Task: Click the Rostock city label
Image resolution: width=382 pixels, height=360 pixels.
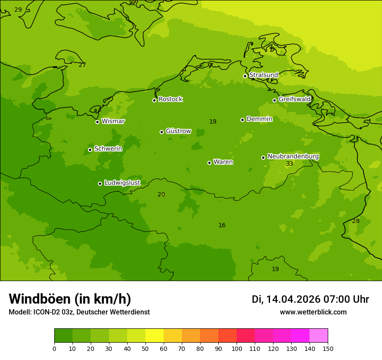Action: (x=170, y=99)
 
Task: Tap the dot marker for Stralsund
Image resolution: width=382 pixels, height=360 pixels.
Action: (x=245, y=76)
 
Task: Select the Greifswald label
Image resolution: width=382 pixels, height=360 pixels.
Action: (x=294, y=99)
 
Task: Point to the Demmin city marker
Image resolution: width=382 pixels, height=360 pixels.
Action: (x=242, y=120)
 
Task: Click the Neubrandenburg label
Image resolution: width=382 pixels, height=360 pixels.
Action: (x=293, y=157)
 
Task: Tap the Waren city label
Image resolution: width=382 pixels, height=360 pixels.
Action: (x=223, y=162)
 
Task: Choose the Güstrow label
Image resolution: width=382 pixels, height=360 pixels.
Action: (x=178, y=131)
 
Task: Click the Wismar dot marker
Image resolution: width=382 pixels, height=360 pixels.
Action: (x=97, y=122)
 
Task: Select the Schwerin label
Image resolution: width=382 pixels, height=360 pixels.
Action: (x=108, y=149)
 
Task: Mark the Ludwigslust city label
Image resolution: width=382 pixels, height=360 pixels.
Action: (x=122, y=183)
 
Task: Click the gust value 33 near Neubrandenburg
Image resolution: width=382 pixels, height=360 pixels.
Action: (x=290, y=164)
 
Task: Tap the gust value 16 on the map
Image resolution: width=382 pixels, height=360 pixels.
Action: (x=222, y=226)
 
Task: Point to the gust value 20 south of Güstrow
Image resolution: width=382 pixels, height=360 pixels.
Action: (x=161, y=195)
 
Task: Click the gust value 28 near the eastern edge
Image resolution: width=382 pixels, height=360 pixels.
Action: (x=356, y=221)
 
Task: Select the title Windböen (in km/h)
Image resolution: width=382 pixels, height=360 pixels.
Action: (x=70, y=299)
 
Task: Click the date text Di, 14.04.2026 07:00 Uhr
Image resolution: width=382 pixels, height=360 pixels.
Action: (x=310, y=299)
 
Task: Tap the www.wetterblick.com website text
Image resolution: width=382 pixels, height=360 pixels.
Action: (x=313, y=312)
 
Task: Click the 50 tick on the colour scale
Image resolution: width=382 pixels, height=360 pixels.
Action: (x=145, y=348)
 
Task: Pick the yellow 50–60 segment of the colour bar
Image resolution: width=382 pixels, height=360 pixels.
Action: (x=155, y=336)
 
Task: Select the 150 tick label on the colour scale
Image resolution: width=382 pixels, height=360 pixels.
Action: (x=328, y=348)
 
